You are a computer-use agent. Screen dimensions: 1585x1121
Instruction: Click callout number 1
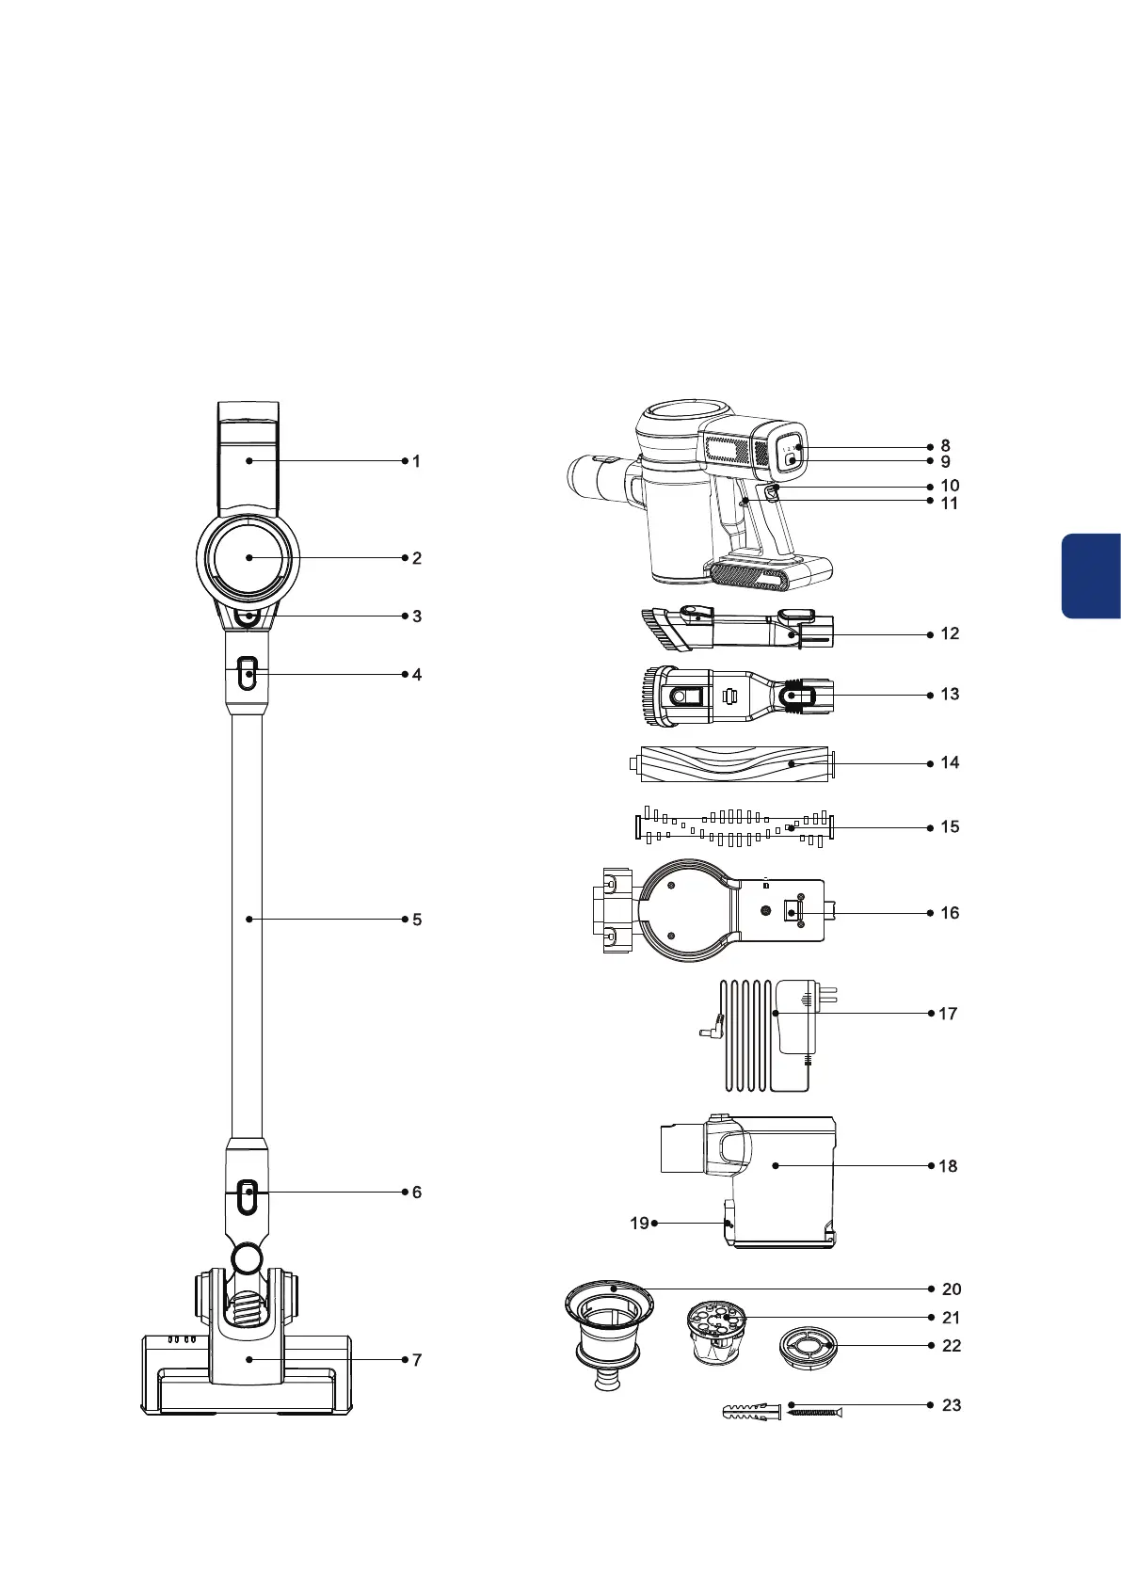coord(416,461)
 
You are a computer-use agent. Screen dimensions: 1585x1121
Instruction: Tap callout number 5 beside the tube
coord(417,920)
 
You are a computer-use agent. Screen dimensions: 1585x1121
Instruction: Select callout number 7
coord(417,1360)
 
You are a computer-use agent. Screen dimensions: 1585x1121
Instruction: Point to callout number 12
coord(950,634)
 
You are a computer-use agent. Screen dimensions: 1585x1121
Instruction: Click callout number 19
coord(639,1224)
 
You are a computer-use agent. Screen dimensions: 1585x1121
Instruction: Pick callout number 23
coord(952,1405)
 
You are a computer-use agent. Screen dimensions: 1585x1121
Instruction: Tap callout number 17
coord(948,1014)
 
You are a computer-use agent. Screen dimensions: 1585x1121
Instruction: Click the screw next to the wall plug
coord(814,1413)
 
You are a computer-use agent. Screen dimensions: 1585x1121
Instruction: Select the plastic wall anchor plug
coord(750,1414)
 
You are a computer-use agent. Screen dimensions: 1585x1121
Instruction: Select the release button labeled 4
coord(247,674)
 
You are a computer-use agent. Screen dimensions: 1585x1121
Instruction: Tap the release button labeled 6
coord(247,1193)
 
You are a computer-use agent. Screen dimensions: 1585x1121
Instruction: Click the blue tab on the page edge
coord(1092,575)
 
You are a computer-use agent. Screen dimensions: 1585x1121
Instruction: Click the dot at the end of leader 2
coord(249,558)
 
